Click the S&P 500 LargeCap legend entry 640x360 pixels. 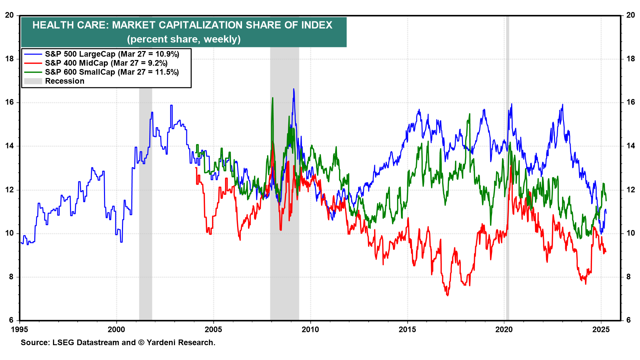pyautogui.click(x=112, y=54)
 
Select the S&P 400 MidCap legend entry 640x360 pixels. pyautogui.click(x=106, y=63)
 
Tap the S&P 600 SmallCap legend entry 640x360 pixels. pyautogui.click(x=112, y=72)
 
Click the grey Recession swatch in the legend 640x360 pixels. pyautogui.click(x=33, y=81)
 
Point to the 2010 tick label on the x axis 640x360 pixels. pyautogui.click(x=310, y=330)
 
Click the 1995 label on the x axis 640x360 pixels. pyautogui.click(x=20, y=330)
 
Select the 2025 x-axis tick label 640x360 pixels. pyautogui.click(x=601, y=330)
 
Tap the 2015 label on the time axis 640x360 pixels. pyautogui.click(x=407, y=330)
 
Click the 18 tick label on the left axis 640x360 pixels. pyautogui.click(x=9, y=59)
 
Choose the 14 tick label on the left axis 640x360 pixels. pyautogui.click(x=9, y=146)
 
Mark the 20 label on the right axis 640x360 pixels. pyautogui.click(x=631, y=15)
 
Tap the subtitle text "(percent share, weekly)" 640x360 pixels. pyautogui.click(x=184, y=39)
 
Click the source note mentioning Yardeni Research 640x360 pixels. pyautogui.click(x=118, y=343)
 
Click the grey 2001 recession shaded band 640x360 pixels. pyautogui.click(x=146, y=200)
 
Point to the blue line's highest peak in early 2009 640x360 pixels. pyautogui.click(x=294, y=89)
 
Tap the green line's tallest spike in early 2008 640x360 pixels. pyautogui.click(x=273, y=98)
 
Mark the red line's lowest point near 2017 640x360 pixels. pyautogui.click(x=447, y=295)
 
